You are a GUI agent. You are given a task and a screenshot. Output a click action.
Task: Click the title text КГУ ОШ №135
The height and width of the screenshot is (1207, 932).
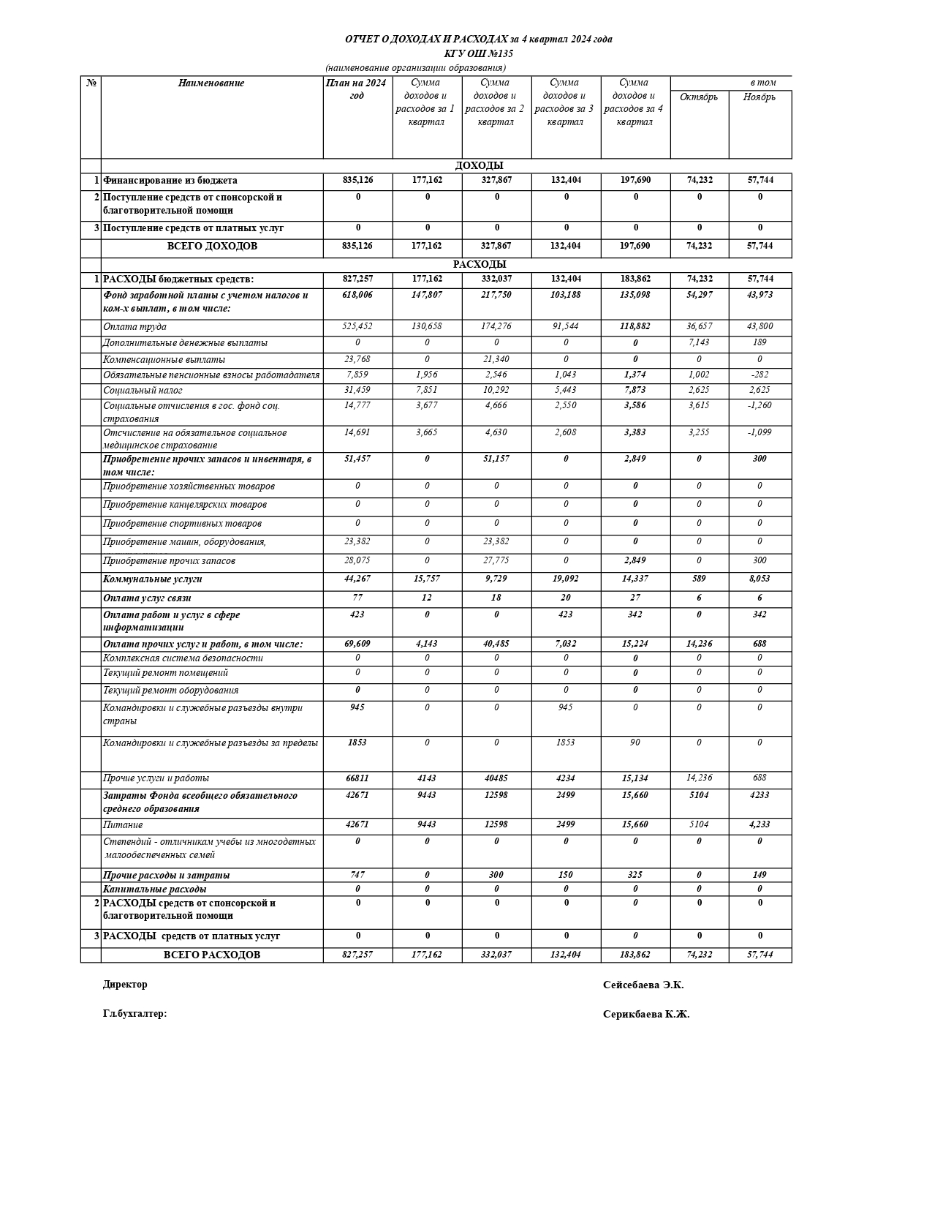(479, 53)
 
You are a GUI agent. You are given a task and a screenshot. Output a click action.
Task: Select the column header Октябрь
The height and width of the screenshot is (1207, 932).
(699, 97)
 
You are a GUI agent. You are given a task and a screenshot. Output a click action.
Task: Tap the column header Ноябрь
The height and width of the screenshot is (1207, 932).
(759, 97)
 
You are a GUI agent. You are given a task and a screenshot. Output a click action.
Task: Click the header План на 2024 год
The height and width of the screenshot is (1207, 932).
(357, 89)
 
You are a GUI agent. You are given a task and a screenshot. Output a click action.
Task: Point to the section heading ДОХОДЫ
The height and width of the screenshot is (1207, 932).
(479, 166)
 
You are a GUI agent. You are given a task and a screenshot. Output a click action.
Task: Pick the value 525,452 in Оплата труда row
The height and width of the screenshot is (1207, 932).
(357, 326)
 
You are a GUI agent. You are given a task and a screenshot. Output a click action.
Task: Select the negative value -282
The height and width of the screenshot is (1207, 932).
(759, 375)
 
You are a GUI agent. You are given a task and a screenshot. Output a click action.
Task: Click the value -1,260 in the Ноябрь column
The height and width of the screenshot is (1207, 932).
(759, 405)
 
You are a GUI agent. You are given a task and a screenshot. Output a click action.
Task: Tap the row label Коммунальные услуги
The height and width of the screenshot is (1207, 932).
(153, 579)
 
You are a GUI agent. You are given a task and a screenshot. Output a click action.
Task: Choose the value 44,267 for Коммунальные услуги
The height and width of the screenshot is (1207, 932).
(357, 579)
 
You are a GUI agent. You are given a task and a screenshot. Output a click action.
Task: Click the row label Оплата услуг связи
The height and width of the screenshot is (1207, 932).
(147, 598)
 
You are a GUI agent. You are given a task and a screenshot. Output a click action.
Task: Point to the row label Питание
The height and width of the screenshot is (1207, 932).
(123, 825)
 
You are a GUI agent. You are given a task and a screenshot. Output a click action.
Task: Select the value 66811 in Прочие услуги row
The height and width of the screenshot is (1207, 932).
(357, 778)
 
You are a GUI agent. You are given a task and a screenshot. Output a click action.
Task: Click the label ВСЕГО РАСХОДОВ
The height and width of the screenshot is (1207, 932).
(211, 955)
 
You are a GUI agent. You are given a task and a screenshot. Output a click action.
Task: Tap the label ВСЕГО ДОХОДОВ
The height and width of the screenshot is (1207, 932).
(212, 247)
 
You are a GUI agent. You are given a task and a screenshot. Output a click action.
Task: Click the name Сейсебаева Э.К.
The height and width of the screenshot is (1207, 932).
(643, 985)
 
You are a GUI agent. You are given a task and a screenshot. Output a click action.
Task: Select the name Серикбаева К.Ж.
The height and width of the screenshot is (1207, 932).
(646, 1015)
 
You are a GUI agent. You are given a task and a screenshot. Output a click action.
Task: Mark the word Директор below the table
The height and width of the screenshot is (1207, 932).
(125, 985)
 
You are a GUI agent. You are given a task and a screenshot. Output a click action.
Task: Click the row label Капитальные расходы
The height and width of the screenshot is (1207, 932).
(154, 890)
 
